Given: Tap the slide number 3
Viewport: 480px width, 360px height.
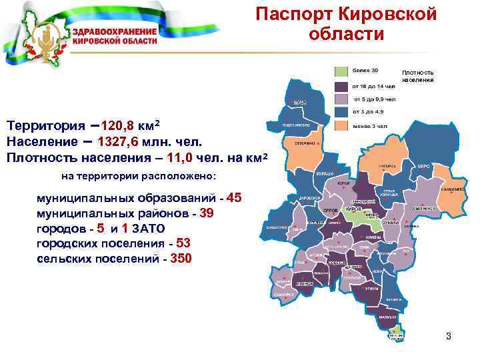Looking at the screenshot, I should [449, 336].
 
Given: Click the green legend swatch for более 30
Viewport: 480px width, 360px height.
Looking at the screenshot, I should [341, 70].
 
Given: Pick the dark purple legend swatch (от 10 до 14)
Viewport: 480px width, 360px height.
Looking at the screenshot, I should [341, 85].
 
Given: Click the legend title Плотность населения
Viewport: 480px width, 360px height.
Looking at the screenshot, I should [417, 76].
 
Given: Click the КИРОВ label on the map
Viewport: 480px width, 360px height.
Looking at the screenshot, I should [354, 209].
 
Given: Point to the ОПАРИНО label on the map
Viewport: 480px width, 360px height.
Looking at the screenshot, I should [297, 143].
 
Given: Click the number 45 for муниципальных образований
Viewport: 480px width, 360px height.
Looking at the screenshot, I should [235, 198].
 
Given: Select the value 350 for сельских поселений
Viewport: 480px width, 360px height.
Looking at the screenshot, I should [182, 258].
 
